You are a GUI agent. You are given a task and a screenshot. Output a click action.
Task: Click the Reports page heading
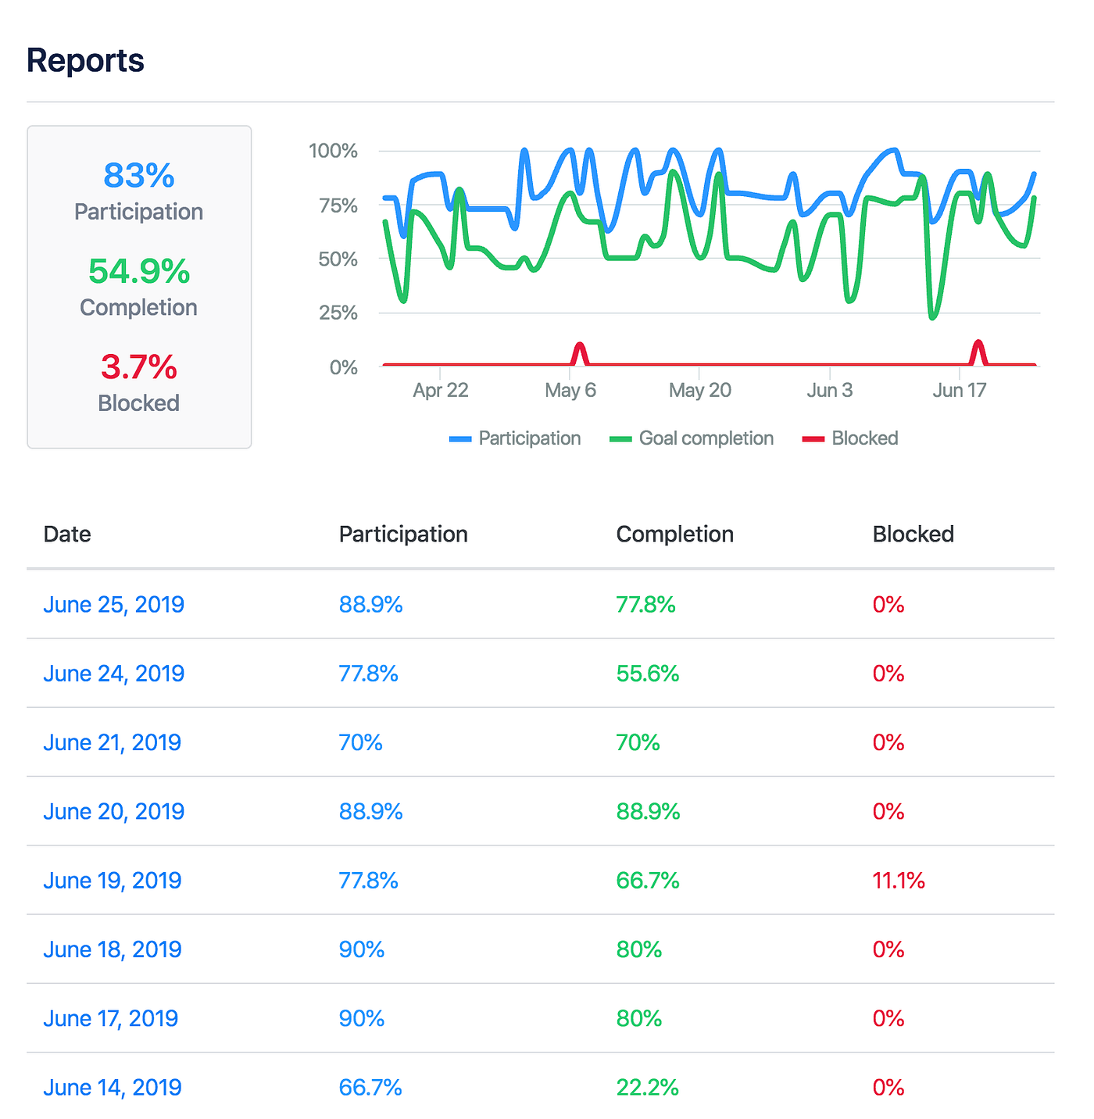tap(85, 61)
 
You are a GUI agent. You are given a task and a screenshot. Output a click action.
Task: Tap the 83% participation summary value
tap(139, 176)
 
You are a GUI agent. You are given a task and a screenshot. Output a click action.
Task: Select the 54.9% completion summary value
tap(139, 272)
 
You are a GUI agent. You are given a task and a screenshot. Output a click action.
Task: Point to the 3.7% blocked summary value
tap(139, 367)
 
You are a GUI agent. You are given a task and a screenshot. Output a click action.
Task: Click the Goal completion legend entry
tap(692, 438)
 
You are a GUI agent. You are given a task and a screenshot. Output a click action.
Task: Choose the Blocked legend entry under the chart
tap(850, 438)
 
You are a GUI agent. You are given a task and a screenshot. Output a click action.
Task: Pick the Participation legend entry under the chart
tap(516, 438)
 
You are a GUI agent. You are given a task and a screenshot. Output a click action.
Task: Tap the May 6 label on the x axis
tap(570, 391)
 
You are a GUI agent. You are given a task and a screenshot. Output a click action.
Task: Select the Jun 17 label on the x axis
tap(960, 391)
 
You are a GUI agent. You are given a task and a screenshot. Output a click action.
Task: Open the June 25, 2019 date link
tap(114, 605)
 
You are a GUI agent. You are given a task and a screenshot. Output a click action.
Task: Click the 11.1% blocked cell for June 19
tap(899, 881)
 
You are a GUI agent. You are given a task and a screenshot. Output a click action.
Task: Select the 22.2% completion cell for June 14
tap(647, 1088)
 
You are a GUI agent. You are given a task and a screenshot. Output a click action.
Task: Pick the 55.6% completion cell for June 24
tap(647, 674)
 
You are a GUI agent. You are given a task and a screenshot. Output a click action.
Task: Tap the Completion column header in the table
tap(674, 534)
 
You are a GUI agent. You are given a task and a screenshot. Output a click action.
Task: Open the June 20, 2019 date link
tap(114, 812)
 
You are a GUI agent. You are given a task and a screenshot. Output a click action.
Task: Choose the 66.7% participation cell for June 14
tap(370, 1088)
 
